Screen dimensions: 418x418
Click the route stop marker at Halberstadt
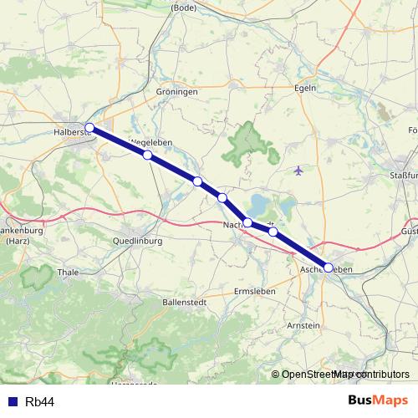pos(89,128)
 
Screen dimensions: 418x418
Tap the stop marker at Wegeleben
pos(147,155)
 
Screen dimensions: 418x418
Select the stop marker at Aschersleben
pos(328,268)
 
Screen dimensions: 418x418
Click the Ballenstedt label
pos(186,301)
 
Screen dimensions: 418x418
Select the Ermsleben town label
pos(255,290)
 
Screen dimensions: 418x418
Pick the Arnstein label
pos(302,324)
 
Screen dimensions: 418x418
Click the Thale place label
pos(67,272)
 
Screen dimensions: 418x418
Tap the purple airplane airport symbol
pos(299,171)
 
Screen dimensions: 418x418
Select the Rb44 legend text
pos(40,402)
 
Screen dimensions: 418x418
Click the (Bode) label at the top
pos(183,7)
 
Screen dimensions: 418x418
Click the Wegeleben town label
pos(152,142)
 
